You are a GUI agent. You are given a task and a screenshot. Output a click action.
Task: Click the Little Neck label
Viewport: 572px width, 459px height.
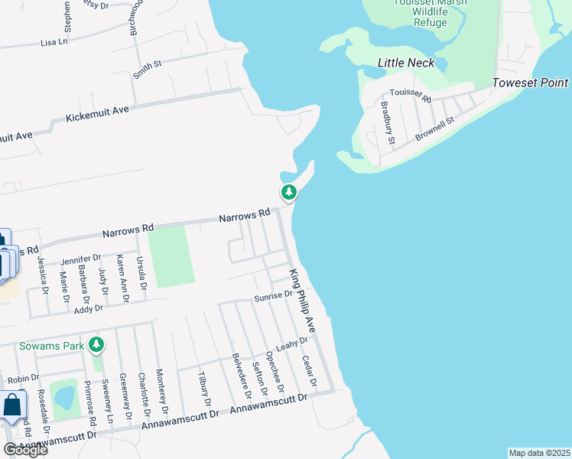pos(406,63)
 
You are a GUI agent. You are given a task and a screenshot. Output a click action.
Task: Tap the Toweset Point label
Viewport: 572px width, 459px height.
pos(530,83)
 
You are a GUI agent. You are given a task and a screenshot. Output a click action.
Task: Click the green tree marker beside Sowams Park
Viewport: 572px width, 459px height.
pos(96,346)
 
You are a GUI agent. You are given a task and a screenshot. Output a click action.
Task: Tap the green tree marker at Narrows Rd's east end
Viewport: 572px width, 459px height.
pos(288,193)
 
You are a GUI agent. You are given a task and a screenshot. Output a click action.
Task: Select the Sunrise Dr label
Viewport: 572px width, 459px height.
pos(274,295)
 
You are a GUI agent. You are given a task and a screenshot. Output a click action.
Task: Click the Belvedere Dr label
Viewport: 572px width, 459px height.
pos(242,376)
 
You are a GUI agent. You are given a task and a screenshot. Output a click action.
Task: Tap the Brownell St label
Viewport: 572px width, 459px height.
pos(435,129)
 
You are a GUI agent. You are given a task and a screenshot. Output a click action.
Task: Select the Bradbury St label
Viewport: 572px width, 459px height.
pos(388,125)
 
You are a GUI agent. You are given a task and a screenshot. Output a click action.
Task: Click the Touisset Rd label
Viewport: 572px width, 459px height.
pos(411,96)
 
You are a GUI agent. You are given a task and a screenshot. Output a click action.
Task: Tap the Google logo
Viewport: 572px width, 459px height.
pos(25,450)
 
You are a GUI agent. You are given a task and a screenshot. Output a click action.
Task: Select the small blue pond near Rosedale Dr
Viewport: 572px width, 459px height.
pos(65,398)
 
